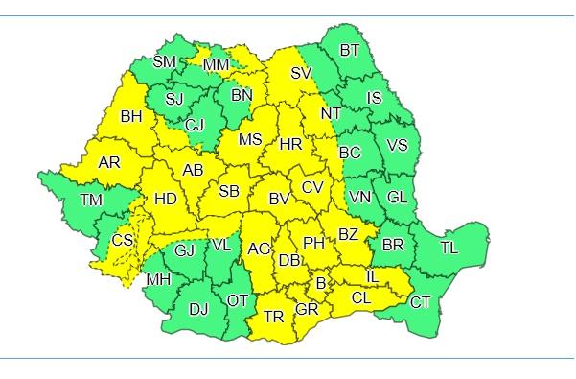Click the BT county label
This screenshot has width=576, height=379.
tap(351, 50)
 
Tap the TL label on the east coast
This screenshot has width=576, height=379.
tap(449, 247)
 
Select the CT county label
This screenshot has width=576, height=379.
tap(420, 302)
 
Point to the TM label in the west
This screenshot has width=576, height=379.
tap(91, 200)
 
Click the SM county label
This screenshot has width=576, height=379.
tap(165, 62)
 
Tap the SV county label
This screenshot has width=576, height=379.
tap(301, 73)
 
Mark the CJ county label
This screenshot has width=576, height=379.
tap(195, 124)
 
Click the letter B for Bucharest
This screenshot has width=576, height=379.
tap(321, 282)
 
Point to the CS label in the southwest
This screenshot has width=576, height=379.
tap(122, 240)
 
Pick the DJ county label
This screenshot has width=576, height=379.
tap(198, 308)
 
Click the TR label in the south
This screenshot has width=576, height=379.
tap(274, 316)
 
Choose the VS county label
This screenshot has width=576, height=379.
tap(397, 145)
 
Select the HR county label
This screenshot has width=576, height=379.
tap(290, 145)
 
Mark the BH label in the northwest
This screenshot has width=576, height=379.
tap(130, 118)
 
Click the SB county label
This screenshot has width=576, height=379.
tap(228, 191)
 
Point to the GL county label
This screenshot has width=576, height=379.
tap(396, 196)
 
